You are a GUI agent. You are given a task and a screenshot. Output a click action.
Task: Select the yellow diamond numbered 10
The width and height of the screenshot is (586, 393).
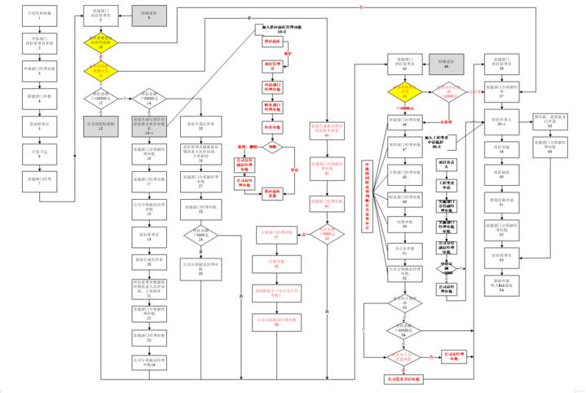tap(100, 44)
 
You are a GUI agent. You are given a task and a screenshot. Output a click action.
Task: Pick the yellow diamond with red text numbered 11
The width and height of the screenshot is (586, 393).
tap(100, 73)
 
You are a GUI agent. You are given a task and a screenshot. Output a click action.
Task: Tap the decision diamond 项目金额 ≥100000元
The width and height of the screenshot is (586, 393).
tap(100, 100)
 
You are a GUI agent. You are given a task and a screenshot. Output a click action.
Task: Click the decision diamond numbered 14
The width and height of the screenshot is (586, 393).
tap(149, 100)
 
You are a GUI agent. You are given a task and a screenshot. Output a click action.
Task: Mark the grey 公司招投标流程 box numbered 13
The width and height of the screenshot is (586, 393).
tap(100, 127)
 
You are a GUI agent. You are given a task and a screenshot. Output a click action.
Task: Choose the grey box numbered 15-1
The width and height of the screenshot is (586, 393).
tap(149, 127)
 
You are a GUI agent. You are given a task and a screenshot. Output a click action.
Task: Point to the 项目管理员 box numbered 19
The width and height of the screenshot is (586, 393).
tap(149, 234)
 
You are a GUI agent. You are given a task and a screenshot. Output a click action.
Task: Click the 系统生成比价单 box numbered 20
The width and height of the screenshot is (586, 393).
tap(149, 262)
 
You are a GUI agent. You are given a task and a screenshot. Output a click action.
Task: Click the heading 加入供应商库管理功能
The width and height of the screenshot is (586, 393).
tap(280, 29)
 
